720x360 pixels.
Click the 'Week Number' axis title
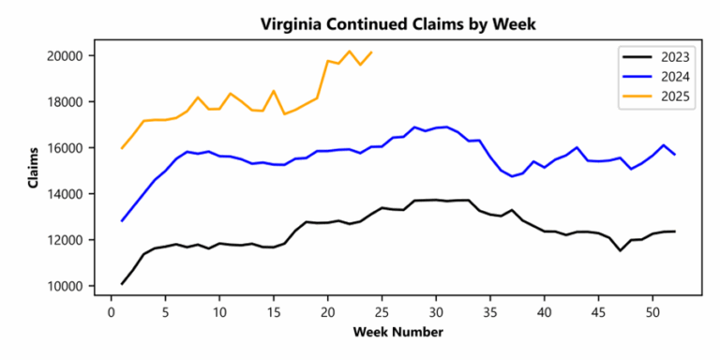pos(392,332)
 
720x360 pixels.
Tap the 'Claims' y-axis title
pos(34,169)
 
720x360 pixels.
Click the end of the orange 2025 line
pos(371,52)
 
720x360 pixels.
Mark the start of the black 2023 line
pos(123,283)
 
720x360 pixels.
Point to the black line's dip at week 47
pos(620,250)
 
